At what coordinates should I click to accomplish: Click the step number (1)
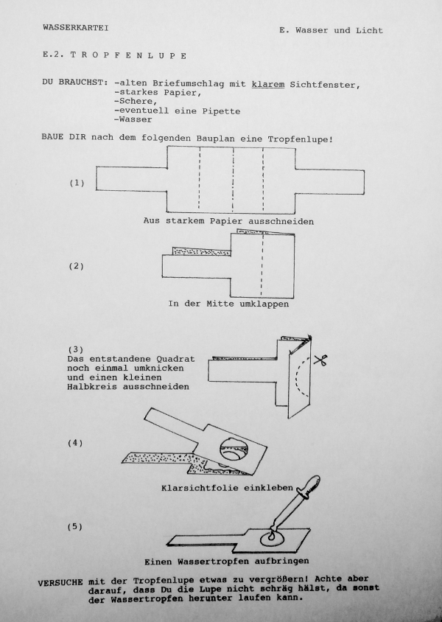[77, 183]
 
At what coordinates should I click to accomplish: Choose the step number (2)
[77, 266]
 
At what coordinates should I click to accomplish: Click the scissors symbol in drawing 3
[319, 360]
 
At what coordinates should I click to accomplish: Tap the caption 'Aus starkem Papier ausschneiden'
[229, 221]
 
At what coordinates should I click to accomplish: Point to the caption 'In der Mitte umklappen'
[228, 304]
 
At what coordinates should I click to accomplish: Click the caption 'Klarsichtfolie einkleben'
[226, 488]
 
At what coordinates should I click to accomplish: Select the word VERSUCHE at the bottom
[60, 582]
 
